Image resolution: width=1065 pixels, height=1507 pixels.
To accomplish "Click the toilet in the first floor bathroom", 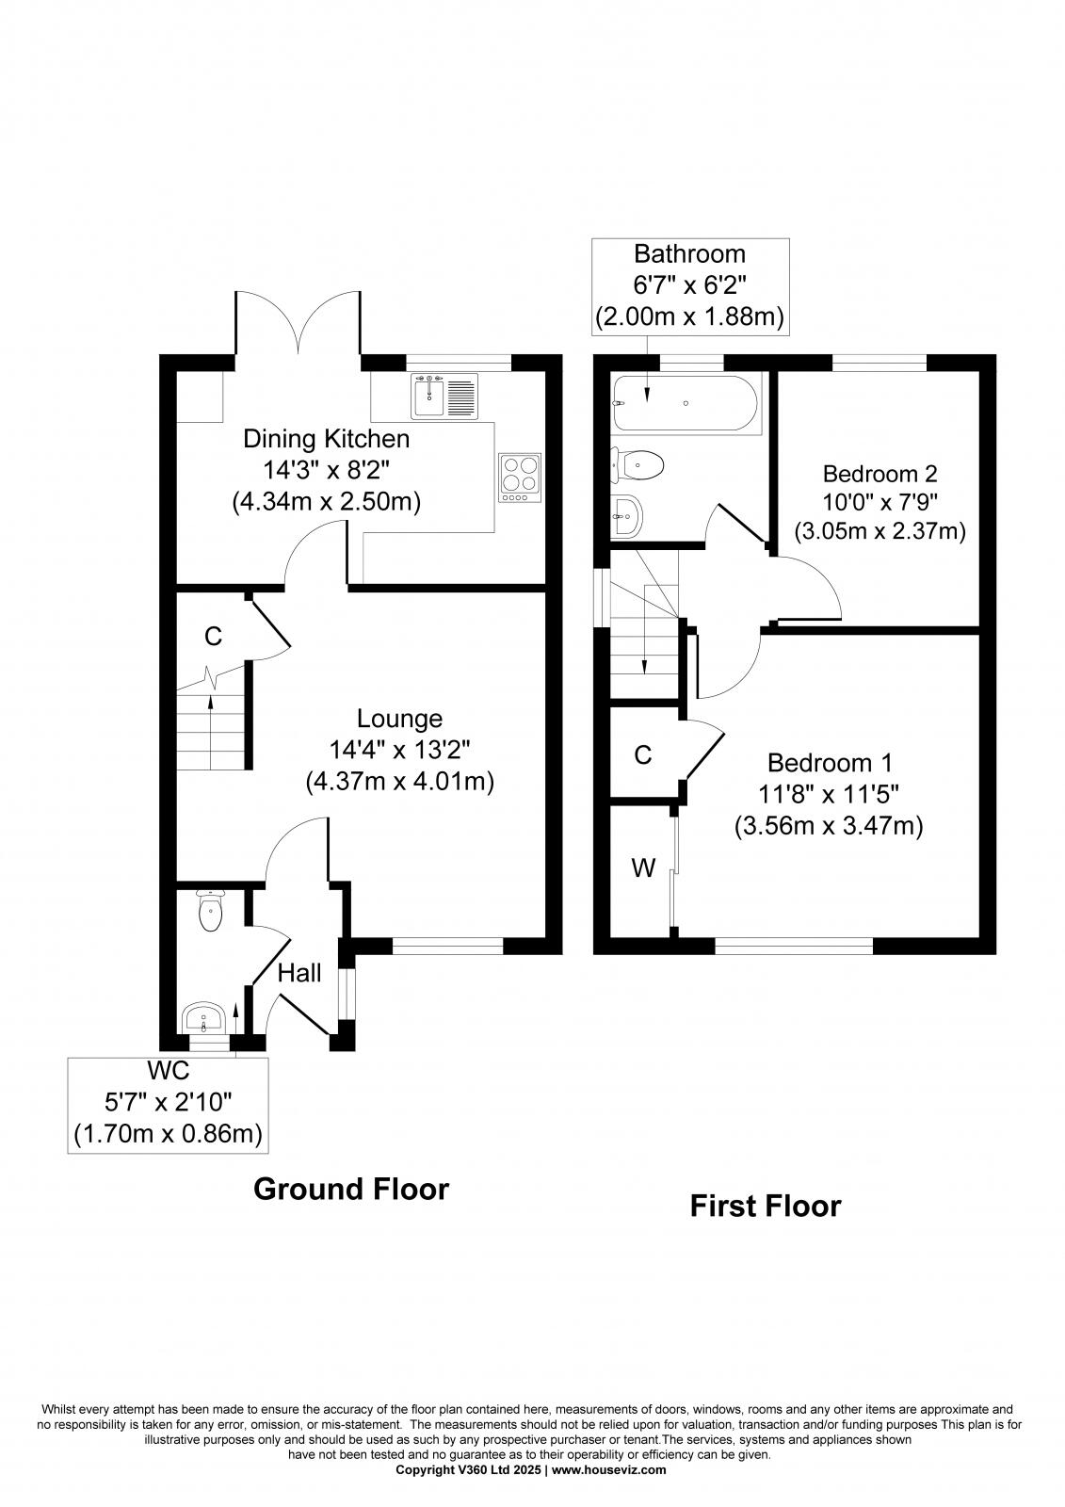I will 639,463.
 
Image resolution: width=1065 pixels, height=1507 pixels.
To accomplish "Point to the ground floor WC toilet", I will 211,911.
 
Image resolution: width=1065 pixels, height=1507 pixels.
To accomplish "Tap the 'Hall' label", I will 299,973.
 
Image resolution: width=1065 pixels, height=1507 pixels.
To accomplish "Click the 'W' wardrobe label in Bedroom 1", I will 643,867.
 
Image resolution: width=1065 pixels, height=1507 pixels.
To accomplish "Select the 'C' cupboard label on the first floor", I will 643,754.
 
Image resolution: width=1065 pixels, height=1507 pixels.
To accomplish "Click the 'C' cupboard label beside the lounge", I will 214,637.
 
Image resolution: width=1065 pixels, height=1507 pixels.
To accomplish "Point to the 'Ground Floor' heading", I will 351,1189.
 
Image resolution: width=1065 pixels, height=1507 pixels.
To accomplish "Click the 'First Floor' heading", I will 765,1206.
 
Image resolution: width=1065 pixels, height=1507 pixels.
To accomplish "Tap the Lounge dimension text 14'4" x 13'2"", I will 399,750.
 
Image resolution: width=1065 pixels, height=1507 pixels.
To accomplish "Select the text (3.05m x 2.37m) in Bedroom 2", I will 879,531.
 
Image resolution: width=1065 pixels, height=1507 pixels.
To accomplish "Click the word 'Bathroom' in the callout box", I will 689,254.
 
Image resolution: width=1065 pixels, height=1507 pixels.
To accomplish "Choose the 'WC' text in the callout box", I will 169,1071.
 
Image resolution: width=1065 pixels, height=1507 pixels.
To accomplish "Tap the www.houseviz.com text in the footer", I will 608,1469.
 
